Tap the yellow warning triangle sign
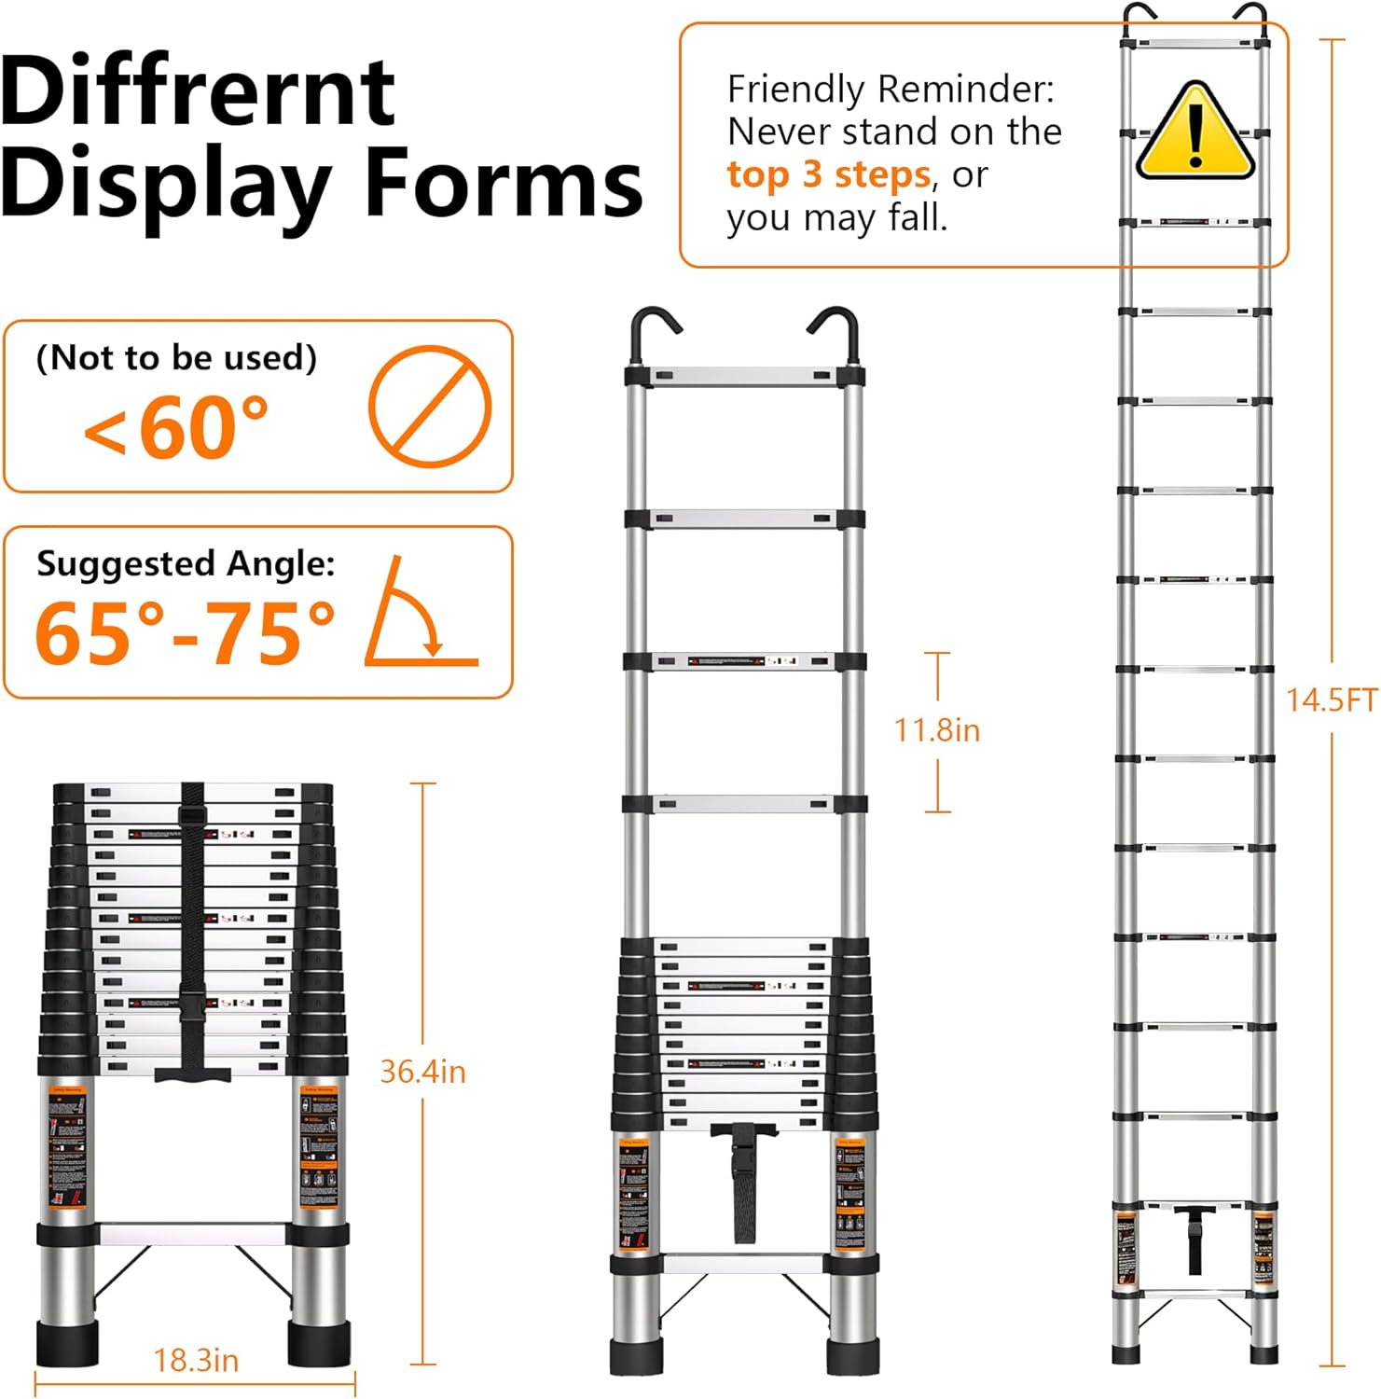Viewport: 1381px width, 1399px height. coord(1195,132)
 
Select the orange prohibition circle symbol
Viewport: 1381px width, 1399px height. coord(430,406)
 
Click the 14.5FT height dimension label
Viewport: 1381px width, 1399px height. coord(1331,699)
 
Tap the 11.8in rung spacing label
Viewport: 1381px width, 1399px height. coord(937,729)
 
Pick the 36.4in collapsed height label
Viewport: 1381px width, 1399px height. coord(422,1072)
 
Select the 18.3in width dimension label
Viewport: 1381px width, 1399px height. coord(196,1360)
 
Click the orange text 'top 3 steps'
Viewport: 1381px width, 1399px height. coord(828,174)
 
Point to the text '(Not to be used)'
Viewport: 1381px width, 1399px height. coord(176,357)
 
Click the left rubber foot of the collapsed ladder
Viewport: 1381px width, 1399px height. coord(67,1343)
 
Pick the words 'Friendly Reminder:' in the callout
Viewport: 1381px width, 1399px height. coord(891,90)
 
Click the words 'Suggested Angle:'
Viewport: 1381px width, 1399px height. coord(186,563)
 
